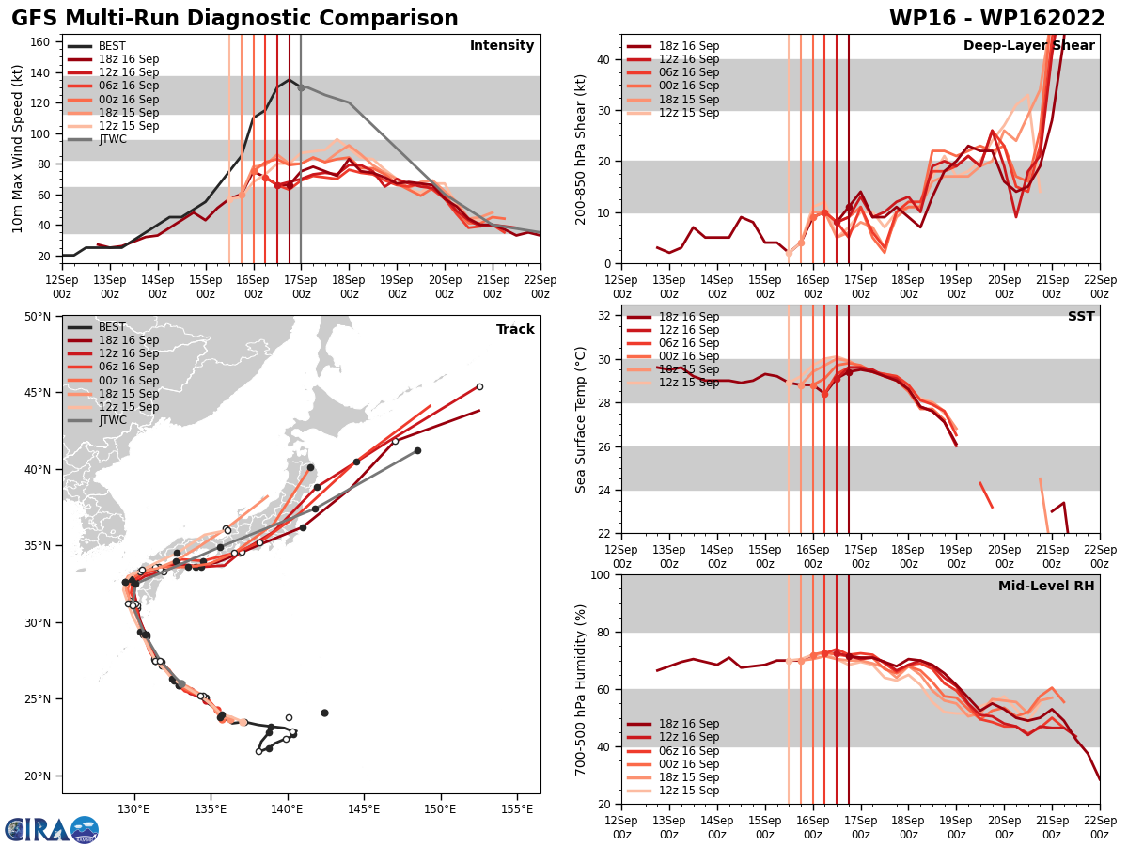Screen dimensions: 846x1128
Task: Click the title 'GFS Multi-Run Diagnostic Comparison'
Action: [235, 19]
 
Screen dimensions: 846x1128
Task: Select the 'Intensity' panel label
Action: [502, 46]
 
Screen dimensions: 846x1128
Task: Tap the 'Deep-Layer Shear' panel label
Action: [1029, 46]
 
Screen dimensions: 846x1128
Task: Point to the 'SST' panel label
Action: [1081, 317]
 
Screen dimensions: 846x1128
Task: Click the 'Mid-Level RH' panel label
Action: [1046, 587]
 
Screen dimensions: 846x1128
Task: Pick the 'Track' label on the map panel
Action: [515, 330]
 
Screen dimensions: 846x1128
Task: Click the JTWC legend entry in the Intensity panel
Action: [112, 139]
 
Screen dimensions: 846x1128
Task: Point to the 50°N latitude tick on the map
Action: [38, 317]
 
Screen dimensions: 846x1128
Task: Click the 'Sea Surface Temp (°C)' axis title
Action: [581, 419]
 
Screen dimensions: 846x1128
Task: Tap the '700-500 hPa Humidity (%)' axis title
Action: [581, 690]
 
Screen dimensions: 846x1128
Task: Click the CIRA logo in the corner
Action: [52, 829]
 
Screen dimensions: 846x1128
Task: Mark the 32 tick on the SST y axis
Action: [605, 316]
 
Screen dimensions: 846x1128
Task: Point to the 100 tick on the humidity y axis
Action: [602, 574]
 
